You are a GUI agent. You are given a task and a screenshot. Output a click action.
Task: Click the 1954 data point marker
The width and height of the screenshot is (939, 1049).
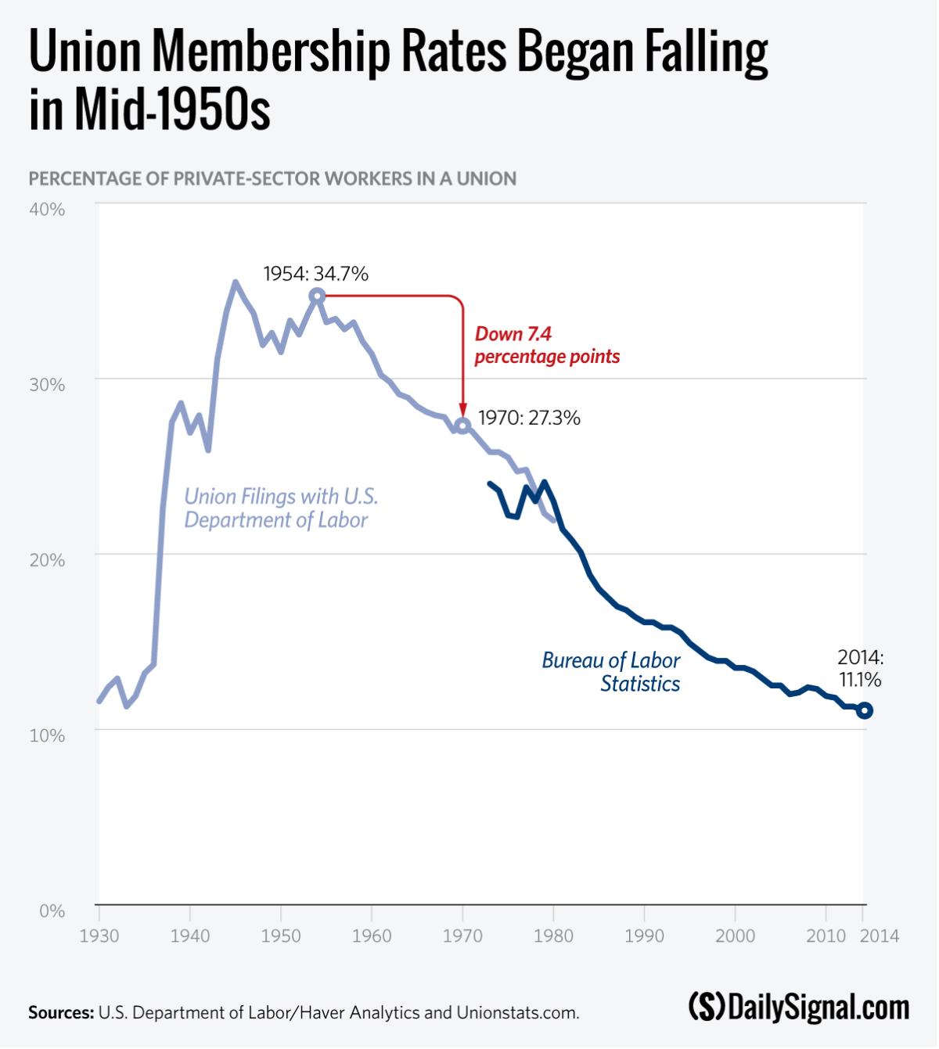[317, 296]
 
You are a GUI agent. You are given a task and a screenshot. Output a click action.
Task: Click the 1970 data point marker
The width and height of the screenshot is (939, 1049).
[462, 426]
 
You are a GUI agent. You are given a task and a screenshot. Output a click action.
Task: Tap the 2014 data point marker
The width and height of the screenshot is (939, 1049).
[864, 711]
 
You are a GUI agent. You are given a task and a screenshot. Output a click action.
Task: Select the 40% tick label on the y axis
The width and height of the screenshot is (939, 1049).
[47, 210]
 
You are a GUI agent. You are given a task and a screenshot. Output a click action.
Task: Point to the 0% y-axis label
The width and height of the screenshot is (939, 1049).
[52, 911]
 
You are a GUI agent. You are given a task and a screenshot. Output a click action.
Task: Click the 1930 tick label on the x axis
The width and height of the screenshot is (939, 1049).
[99, 936]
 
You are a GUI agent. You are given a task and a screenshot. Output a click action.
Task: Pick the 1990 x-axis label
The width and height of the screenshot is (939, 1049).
[644, 936]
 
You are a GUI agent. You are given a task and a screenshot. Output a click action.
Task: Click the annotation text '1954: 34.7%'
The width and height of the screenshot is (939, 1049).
[315, 274]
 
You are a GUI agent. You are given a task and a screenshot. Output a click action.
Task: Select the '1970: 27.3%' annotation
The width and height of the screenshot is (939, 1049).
[529, 418]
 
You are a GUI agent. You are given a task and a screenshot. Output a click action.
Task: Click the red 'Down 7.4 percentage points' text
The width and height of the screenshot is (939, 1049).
[547, 345]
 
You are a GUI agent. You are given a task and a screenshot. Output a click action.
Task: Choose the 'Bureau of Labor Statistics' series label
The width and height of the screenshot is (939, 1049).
[611, 672]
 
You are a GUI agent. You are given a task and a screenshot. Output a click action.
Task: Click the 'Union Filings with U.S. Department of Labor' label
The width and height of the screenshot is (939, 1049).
[280, 508]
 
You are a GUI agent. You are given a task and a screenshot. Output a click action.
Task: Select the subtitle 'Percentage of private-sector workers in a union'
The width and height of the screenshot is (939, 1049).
[272, 178]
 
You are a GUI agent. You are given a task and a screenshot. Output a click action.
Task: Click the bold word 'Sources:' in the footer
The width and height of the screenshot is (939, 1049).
[61, 1012]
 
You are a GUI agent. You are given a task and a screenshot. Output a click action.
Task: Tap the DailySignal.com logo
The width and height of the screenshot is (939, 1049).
[799, 1008]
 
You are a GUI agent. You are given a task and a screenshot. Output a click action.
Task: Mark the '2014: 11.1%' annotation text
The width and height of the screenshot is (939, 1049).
[860, 668]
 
